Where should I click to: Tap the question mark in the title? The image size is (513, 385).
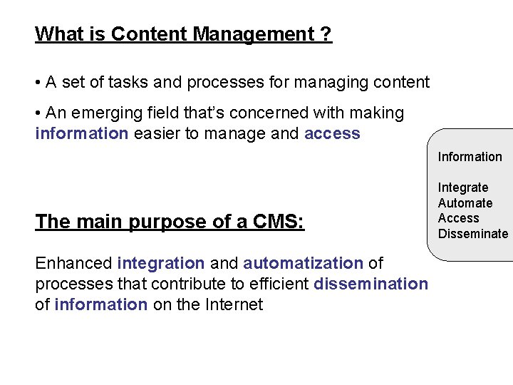tap(326, 34)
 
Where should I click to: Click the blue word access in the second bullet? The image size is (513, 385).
tap(332, 133)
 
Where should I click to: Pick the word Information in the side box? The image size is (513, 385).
tap(470, 157)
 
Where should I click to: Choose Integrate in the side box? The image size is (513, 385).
tap(463, 188)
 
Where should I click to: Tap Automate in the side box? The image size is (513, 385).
tap(465, 203)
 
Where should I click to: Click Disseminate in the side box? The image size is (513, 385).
tap(473, 234)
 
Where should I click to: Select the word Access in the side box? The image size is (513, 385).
tap(459, 218)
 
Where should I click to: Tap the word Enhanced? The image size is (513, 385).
tap(73, 263)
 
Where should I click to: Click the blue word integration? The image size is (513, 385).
tap(160, 263)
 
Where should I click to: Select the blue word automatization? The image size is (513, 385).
tap(303, 263)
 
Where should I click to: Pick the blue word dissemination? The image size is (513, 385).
tap(370, 284)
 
